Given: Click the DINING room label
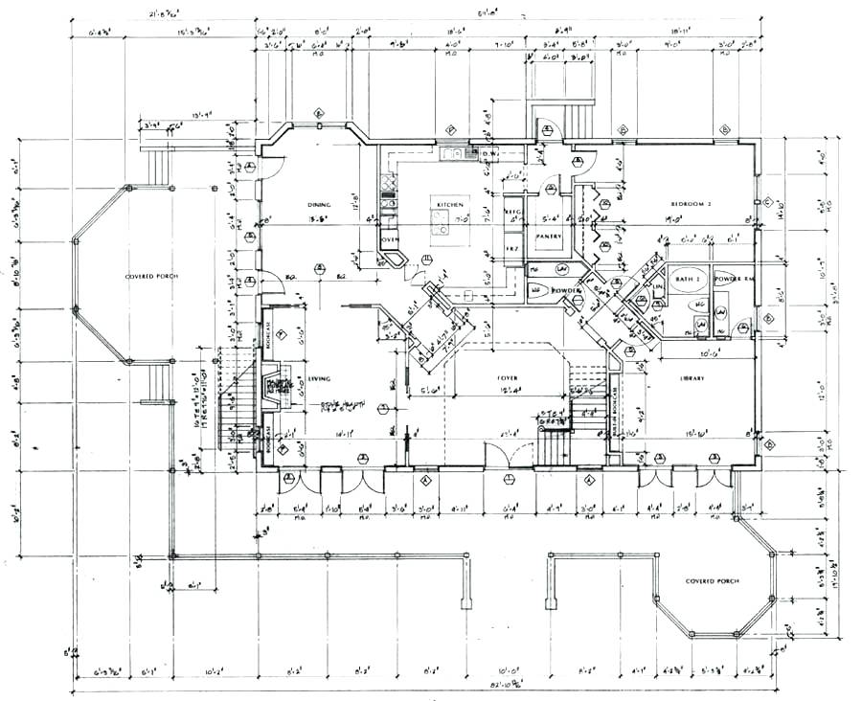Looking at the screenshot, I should (319, 205).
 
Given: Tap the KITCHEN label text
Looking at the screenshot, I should (450, 205).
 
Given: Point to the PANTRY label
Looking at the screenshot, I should (548, 235).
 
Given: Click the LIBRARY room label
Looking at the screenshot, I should (692, 378).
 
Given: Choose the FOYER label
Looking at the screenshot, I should (507, 378).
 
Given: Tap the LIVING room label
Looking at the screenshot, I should (319, 378).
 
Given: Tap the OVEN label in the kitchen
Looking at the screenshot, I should (389, 239).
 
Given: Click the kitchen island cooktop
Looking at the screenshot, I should (442, 223).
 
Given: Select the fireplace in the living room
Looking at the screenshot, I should (277, 384).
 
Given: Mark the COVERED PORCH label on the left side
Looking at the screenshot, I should (151, 277).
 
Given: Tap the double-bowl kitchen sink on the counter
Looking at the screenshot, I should (453, 153).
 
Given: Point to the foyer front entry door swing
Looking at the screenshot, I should (498, 456).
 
